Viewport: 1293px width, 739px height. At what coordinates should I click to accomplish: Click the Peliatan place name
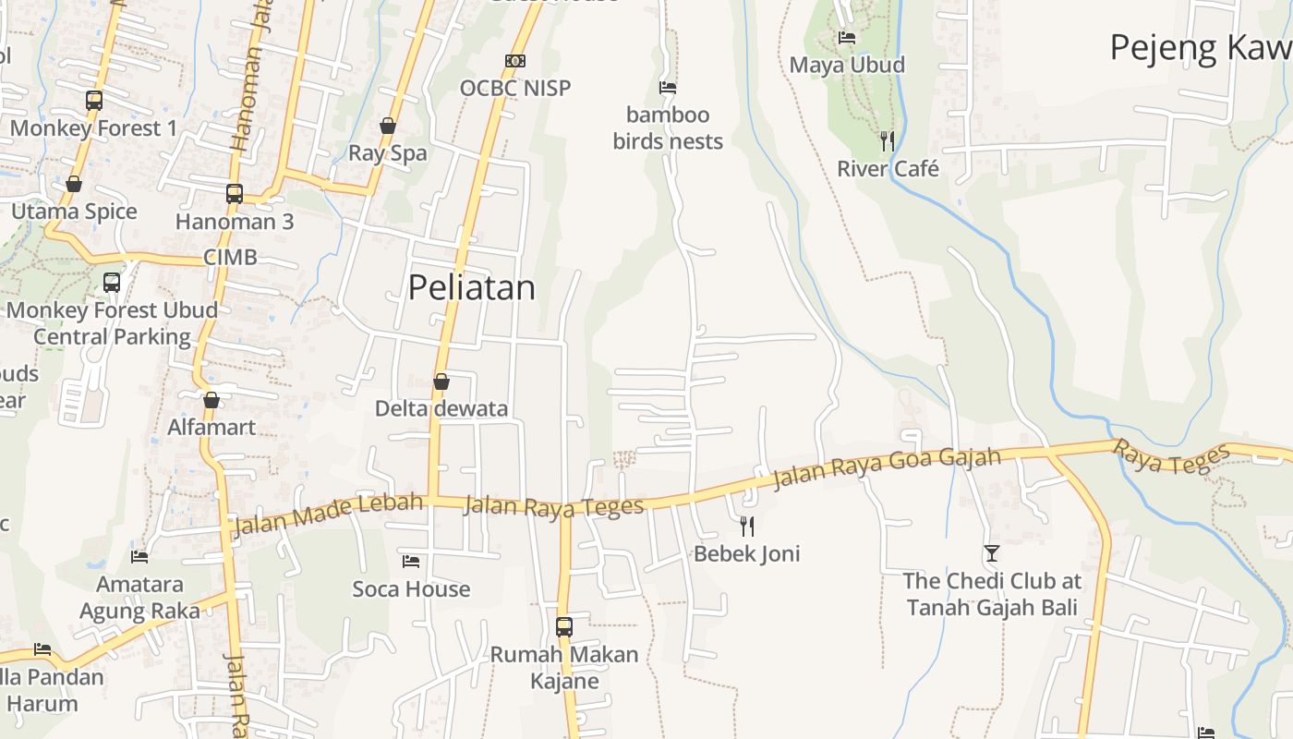coord(471,287)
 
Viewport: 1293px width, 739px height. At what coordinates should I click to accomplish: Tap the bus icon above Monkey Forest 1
coord(93,101)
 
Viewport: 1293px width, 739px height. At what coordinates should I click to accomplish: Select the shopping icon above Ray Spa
coord(388,126)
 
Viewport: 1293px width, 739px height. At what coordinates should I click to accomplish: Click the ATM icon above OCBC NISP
coord(515,61)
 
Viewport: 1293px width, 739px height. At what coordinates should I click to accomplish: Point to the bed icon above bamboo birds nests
coord(668,88)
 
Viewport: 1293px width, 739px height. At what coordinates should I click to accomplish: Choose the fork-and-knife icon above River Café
coord(888,141)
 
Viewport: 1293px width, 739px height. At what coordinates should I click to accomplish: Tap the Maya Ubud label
coord(847,65)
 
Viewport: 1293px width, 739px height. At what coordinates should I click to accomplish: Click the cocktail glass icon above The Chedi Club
coord(992,553)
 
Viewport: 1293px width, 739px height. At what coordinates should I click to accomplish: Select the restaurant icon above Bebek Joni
coord(747,527)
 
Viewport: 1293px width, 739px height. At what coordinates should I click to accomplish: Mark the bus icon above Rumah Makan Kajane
coord(564,626)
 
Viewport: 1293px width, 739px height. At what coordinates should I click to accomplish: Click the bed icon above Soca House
coord(411,562)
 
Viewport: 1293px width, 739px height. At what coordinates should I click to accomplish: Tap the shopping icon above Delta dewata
coord(441,382)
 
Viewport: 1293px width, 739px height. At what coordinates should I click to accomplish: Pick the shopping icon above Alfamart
coord(211,400)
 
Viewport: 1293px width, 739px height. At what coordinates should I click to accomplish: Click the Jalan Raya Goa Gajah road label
coord(887,468)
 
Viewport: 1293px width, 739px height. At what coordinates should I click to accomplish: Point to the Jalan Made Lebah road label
coord(328,515)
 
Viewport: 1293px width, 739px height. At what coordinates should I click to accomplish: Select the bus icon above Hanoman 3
coord(235,194)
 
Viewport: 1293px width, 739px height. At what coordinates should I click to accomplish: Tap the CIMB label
coord(230,257)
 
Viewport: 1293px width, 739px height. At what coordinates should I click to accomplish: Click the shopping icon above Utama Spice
coord(74,185)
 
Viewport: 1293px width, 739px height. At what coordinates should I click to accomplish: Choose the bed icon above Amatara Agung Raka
coord(139,557)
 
